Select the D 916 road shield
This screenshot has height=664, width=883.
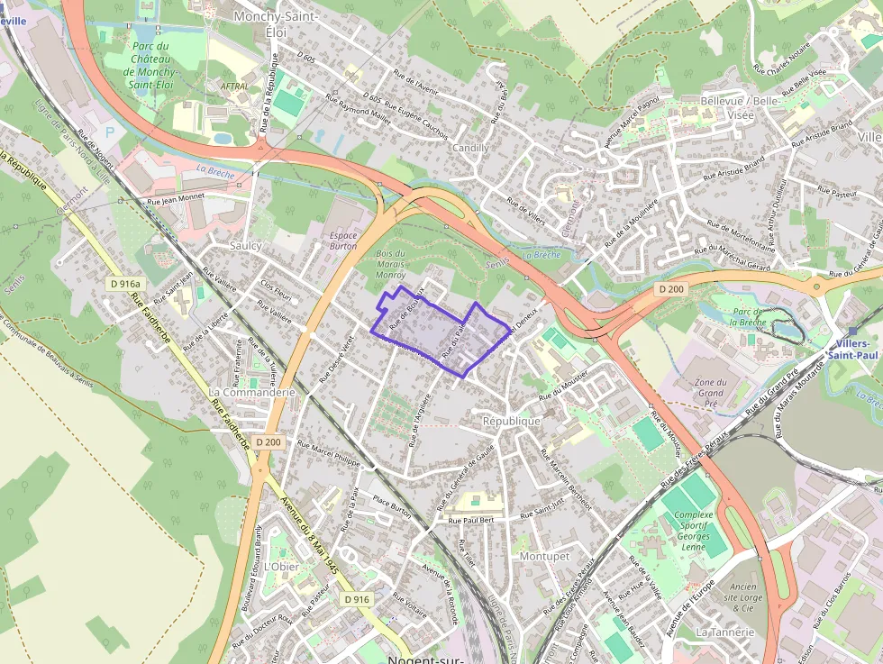[357, 599]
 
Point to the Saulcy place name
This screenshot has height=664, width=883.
[246, 245]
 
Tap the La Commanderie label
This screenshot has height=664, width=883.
[252, 393]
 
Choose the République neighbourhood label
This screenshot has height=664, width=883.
[512, 421]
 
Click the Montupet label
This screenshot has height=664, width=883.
[545, 557]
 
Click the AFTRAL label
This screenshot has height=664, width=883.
[233, 86]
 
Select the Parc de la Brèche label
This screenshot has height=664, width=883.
[748, 315]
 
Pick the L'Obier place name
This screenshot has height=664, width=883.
[283, 567]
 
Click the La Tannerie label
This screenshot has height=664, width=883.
[724, 632]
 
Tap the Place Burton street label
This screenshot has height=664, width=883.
[391, 507]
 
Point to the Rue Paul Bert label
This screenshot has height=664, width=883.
[471, 521]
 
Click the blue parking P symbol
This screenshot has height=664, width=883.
[110, 132]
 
